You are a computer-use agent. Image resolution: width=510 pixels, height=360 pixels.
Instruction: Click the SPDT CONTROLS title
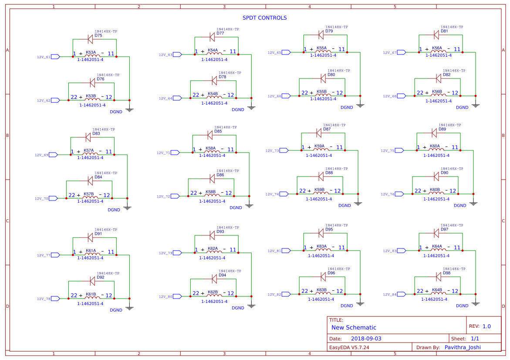(x=264, y=18)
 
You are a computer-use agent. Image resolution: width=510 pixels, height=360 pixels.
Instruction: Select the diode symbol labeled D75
(x=90, y=39)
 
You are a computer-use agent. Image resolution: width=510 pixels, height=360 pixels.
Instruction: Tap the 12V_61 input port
(x=55, y=57)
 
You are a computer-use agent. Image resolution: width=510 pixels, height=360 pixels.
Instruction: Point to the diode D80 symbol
(x=323, y=78)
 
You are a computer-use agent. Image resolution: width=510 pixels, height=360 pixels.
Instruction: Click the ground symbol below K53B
(x=129, y=109)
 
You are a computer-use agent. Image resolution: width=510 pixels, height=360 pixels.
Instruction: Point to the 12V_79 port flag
(x=177, y=253)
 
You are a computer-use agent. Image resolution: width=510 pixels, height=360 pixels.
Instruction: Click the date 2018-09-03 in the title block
(x=366, y=339)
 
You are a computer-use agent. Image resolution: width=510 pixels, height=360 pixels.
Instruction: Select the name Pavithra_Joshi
(x=462, y=347)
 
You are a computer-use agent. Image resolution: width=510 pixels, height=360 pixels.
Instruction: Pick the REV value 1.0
(x=486, y=326)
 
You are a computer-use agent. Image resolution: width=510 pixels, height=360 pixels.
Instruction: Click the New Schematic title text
(x=354, y=327)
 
